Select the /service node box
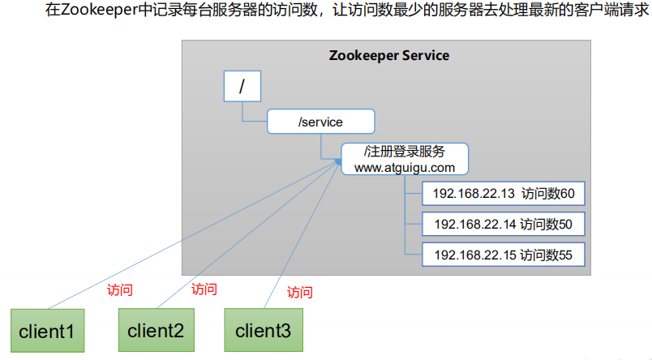coord(321,122)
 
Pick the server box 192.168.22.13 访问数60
coord(503,195)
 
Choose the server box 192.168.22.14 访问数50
coord(503,225)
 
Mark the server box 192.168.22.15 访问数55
coord(503,255)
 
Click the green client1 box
coord(47,331)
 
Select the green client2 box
coord(157,330)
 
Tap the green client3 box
coord(263,330)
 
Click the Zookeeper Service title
coord(389,56)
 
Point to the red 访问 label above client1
coord(120,289)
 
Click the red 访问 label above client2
coord(204,288)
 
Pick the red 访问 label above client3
coord(299,292)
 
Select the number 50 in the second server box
coord(565,225)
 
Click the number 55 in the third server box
coord(565,255)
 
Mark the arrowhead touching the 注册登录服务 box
coord(337,162)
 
